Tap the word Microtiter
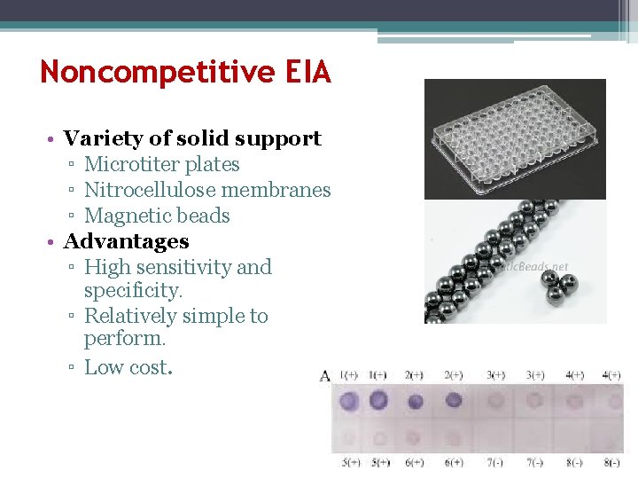click(x=121, y=165)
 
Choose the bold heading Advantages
click(x=126, y=241)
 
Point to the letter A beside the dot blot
click(x=324, y=375)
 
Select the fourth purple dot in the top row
click(x=453, y=402)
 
